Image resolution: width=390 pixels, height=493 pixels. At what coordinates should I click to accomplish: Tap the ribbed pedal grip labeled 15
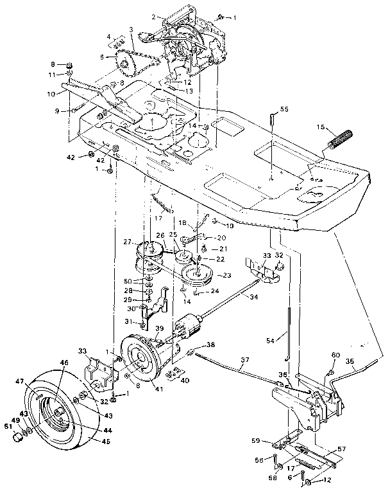339,138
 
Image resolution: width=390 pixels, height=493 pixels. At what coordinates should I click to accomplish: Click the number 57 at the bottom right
341,449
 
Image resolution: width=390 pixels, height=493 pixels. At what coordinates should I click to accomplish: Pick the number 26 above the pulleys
160,235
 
